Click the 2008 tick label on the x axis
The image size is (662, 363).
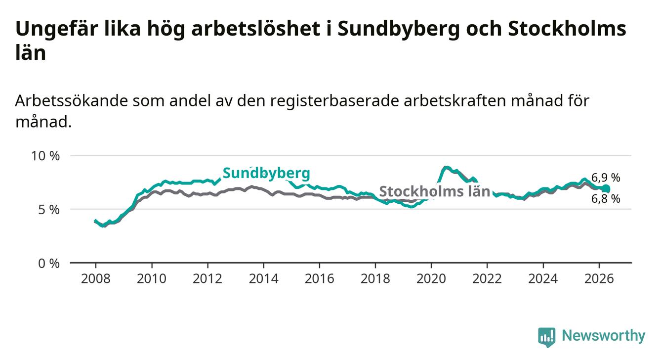pyautogui.click(x=95, y=279)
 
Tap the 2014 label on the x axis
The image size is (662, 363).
pyautogui.click(x=263, y=279)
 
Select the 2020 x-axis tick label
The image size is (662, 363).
pyautogui.click(x=431, y=279)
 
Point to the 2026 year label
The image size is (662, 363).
pyautogui.click(x=599, y=279)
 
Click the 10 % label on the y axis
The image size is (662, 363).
pyautogui.click(x=45, y=156)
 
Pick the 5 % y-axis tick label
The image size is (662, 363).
pyautogui.click(x=49, y=210)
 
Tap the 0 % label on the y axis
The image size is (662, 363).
pyautogui.click(x=49, y=263)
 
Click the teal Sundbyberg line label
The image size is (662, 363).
pyautogui.click(x=266, y=174)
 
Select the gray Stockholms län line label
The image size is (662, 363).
pyautogui.click(x=434, y=191)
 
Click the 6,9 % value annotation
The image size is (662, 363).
pyautogui.click(x=606, y=178)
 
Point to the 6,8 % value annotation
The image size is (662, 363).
pyautogui.click(x=606, y=199)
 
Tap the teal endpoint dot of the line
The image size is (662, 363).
pyautogui.click(x=606, y=188)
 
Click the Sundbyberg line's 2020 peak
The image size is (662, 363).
pyautogui.click(x=446, y=168)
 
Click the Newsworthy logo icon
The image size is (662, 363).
pyautogui.click(x=547, y=337)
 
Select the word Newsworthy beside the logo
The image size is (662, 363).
pyautogui.click(x=604, y=336)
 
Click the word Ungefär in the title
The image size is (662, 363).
pyautogui.click(x=56, y=29)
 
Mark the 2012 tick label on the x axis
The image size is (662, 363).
pyautogui.click(x=207, y=279)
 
